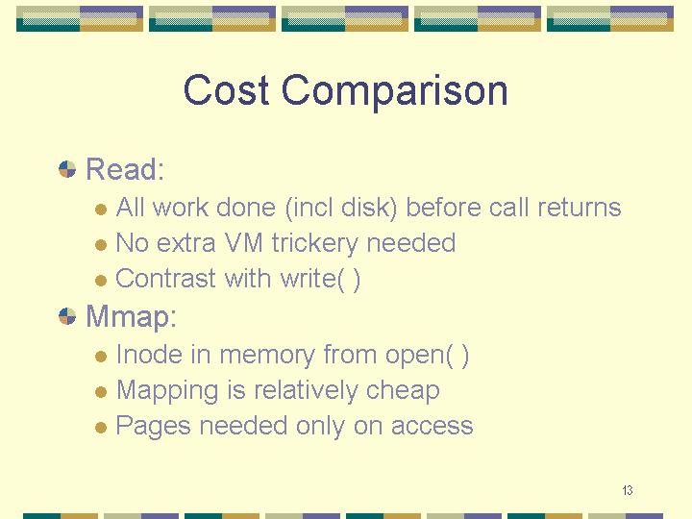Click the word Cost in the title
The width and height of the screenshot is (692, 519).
(x=226, y=89)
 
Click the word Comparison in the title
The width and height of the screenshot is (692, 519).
(x=395, y=91)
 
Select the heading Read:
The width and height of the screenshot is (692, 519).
(x=125, y=168)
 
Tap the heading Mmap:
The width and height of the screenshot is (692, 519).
(x=131, y=317)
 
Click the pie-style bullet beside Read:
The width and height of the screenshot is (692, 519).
(x=67, y=169)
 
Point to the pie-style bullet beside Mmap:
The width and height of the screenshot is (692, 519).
(x=67, y=316)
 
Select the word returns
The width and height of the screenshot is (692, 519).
(x=579, y=208)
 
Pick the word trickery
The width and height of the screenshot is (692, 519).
(x=314, y=243)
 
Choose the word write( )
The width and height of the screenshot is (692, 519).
(x=321, y=279)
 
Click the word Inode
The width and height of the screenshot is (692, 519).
(x=149, y=355)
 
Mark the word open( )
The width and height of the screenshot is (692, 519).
(x=427, y=356)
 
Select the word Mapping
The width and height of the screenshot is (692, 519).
(x=167, y=391)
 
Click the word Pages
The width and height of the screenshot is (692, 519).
(x=153, y=427)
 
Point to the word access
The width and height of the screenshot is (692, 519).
(x=432, y=427)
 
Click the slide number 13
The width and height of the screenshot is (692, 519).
(x=627, y=490)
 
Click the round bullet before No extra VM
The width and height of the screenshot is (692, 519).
(x=101, y=244)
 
